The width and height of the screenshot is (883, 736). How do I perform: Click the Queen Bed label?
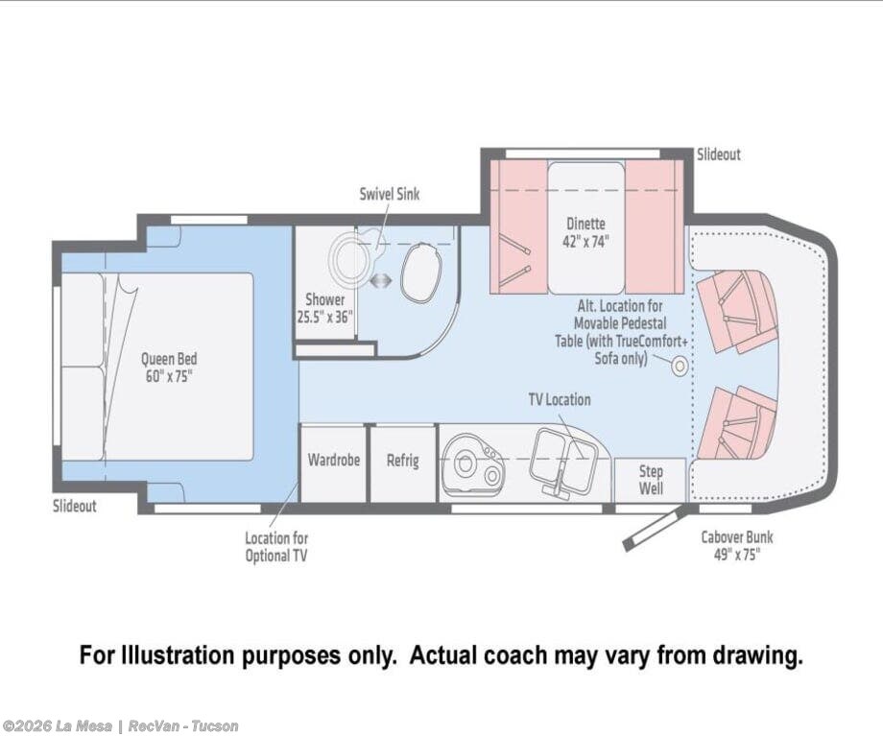(x=169, y=368)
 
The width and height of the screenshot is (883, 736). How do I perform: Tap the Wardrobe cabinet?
(x=333, y=463)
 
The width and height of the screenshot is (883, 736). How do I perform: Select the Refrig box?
(x=403, y=463)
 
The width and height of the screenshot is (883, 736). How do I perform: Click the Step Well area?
(x=651, y=479)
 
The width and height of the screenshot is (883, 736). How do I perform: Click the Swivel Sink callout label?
(x=390, y=194)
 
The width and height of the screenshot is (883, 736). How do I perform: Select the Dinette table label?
(x=585, y=232)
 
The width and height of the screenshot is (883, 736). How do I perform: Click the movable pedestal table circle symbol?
(x=680, y=367)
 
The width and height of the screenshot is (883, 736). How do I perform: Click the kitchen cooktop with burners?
(x=473, y=463)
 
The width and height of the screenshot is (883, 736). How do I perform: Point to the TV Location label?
(x=560, y=400)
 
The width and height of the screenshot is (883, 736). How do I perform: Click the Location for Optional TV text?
(x=276, y=547)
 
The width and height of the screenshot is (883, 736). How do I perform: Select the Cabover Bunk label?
(x=737, y=545)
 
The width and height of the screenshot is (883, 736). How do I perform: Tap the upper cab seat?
(x=736, y=311)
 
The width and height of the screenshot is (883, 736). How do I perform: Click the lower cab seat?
(x=736, y=422)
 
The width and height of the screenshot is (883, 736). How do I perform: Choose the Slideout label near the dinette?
(x=719, y=154)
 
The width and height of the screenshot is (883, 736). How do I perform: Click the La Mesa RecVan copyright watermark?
(x=120, y=725)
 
